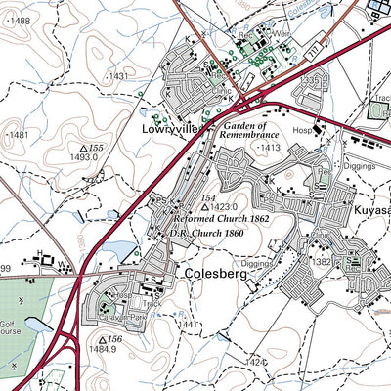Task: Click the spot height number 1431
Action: coord(117,75)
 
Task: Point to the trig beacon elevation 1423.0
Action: coord(221,207)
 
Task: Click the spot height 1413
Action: coord(270,147)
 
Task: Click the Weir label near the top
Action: coord(282,32)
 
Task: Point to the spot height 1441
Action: coord(190,324)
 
